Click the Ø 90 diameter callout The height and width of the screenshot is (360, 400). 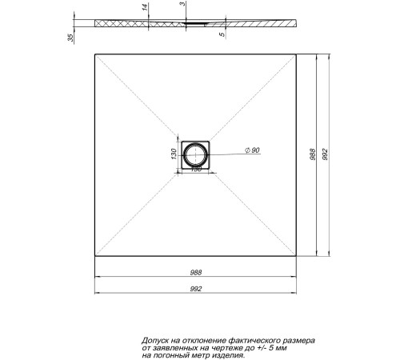[253, 151]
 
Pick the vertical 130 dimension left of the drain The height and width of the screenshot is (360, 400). [174, 154]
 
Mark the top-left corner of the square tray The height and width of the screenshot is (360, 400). [95, 54]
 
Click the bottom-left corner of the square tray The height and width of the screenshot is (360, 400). [95, 258]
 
